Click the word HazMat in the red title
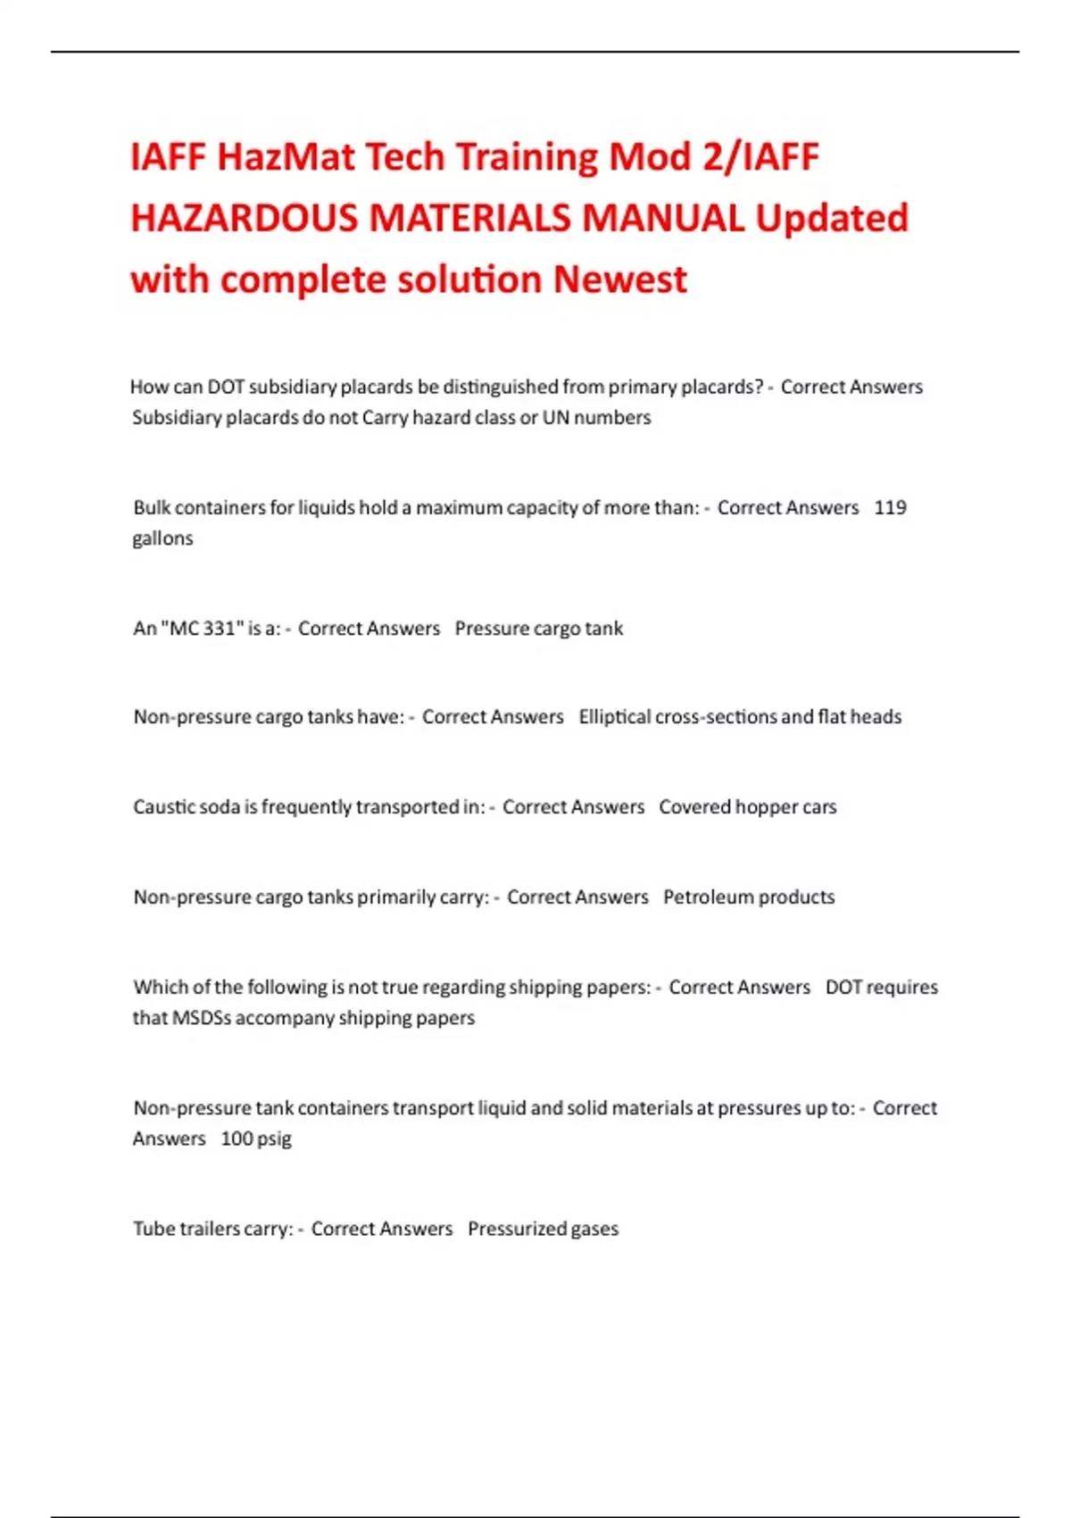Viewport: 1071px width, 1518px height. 286,158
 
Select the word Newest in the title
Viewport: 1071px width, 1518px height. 620,279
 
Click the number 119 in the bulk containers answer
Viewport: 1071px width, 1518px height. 890,507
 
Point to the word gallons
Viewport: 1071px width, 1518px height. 162,538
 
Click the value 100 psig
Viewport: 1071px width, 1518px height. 256,1138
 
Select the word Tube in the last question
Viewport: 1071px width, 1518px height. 154,1229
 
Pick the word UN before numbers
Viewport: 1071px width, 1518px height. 555,418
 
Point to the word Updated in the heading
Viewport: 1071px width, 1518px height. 832,219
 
